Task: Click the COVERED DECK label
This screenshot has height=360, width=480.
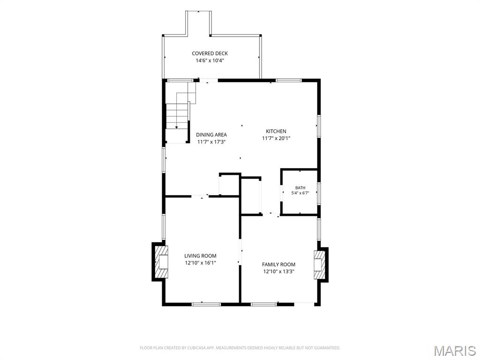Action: pyautogui.click(x=210, y=53)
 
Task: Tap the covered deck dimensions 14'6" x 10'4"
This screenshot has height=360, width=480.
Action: pyautogui.click(x=210, y=60)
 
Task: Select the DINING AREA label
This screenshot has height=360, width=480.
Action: pyautogui.click(x=211, y=135)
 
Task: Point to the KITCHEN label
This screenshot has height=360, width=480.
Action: pyautogui.click(x=276, y=131)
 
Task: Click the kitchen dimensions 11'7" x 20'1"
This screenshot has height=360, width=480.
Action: pyautogui.click(x=276, y=138)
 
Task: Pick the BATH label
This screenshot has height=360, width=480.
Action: pyautogui.click(x=300, y=187)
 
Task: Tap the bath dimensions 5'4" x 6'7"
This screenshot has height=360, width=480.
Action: pyautogui.click(x=300, y=193)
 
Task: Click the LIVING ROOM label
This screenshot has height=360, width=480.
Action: pyautogui.click(x=200, y=255)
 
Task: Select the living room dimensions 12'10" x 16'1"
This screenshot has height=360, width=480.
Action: pyautogui.click(x=200, y=262)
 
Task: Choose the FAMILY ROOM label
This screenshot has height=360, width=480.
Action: pyautogui.click(x=278, y=264)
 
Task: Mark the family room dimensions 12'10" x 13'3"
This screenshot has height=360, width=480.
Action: pyautogui.click(x=278, y=271)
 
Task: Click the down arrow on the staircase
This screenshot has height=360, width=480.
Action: pyautogui.click(x=177, y=127)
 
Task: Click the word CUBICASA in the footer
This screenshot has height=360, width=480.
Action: pyautogui.click(x=196, y=348)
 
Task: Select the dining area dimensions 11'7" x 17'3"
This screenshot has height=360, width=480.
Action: pyautogui.click(x=211, y=142)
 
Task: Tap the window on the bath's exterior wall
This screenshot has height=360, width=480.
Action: pyautogui.click(x=319, y=193)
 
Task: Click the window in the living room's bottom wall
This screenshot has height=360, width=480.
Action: pyautogui.click(x=206, y=304)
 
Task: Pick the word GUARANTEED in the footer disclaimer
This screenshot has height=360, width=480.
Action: pyautogui.click(x=328, y=348)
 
